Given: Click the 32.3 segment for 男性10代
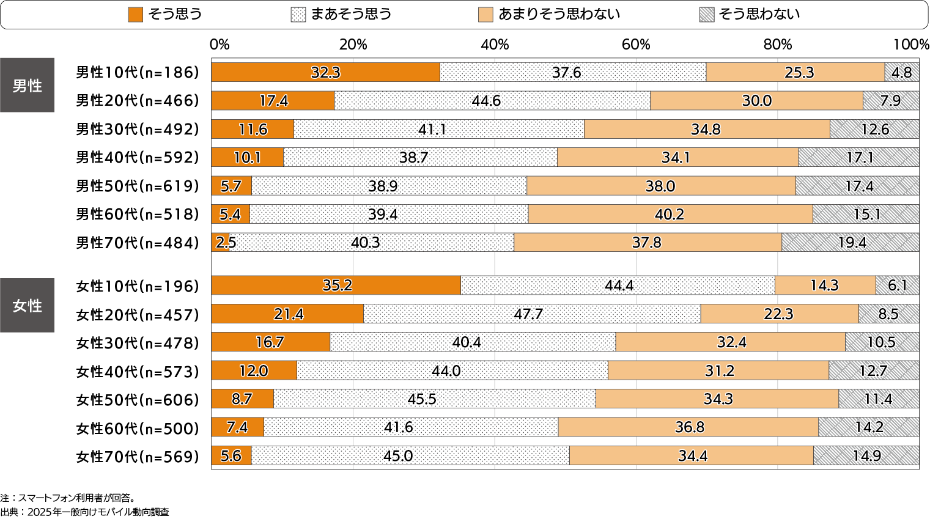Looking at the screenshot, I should pyautogui.click(x=325, y=72).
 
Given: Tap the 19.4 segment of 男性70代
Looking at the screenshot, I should pyautogui.click(x=850, y=243).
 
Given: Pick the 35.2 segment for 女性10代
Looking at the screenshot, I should pyautogui.click(x=336, y=285).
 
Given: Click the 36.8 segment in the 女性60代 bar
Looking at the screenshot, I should pyautogui.click(x=688, y=427).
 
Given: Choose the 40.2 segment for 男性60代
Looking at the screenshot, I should pyautogui.click(x=670, y=215).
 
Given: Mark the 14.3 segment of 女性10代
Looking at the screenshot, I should pyautogui.click(x=825, y=285).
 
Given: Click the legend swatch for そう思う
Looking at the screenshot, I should pyautogui.click(x=135, y=15).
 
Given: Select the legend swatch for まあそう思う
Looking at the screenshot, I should pyautogui.click(x=298, y=15).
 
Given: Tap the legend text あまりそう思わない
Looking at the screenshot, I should pyautogui.click(x=559, y=14).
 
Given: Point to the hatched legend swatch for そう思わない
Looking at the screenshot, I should pyautogui.click(x=706, y=15).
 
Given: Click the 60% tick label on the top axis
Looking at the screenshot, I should pyautogui.click(x=636, y=45).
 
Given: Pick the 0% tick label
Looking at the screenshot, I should pyautogui.click(x=220, y=45).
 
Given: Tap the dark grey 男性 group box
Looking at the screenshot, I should pyautogui.click(x=28, y=86).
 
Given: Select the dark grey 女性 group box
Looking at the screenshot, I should pyautogui.click(x=28, y=305).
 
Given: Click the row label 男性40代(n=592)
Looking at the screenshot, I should pyautogui.click(x=138, y=158).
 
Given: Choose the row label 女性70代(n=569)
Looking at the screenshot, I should pyautogui.click(x=138, y=457).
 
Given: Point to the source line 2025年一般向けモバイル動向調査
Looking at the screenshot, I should pyautogui.click(x=98, y=512).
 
